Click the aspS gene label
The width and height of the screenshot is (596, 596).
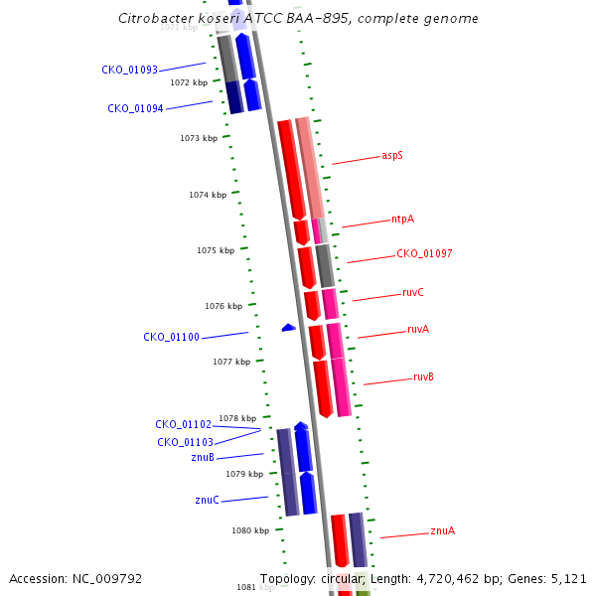[x=392, y=156]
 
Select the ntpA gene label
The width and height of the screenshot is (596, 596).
[x=402, y=219]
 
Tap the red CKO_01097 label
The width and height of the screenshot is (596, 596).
[x=424, y=254]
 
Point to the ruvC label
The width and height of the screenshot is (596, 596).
[x=412, y=293]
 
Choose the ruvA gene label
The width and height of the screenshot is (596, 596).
[x=418, y=330]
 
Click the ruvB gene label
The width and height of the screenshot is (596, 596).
[x=423, y=377]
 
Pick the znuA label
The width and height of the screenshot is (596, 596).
[x=442, y=531]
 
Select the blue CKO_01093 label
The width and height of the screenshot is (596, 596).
[x=129, y=71]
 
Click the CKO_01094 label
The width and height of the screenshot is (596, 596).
[x=135, y=109]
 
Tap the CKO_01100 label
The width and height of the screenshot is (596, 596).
[x=171, y=338]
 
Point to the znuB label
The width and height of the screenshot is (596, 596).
[x=203, y=458]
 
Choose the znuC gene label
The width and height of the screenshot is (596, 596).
[x=207, y=501]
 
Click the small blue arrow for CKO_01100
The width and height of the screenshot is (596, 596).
[x=288, y=327]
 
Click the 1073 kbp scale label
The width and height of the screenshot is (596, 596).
[x=199, y=138]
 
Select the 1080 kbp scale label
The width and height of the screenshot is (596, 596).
[x=250, y=531]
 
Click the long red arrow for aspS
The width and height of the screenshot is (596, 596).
[x=291, y=169]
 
